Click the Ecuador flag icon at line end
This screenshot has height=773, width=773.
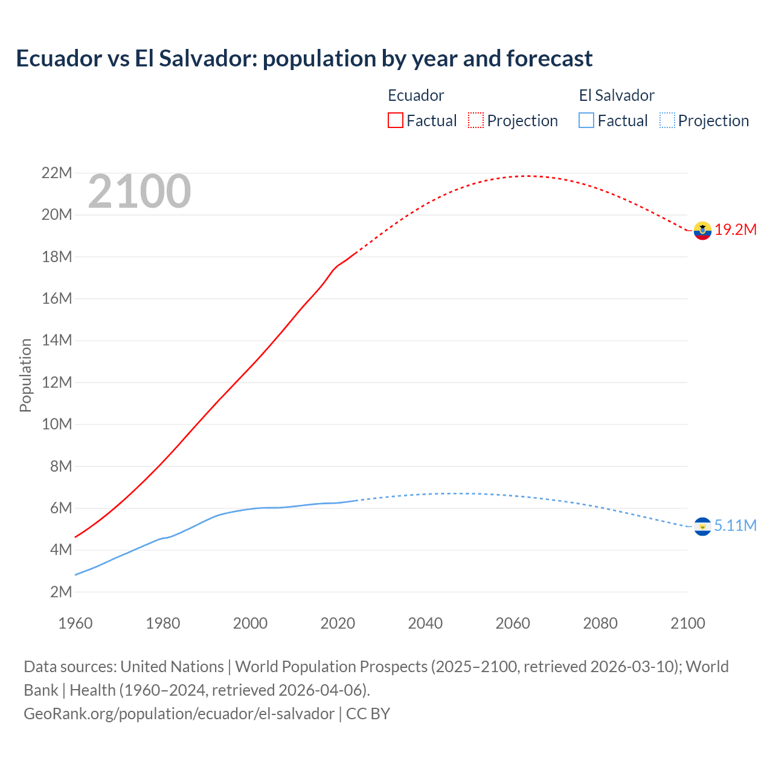702,230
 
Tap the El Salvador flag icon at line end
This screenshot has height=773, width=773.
702,527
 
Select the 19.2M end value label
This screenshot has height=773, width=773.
736,230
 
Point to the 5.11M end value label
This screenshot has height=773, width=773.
735,526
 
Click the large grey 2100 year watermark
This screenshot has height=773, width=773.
140,191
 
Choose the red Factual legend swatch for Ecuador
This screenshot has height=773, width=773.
396,120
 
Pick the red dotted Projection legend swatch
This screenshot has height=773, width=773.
476,120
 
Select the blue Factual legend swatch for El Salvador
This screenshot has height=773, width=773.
586,120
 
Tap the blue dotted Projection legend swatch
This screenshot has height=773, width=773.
667,120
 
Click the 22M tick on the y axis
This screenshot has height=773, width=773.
57,173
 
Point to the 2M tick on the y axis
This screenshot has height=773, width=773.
61,592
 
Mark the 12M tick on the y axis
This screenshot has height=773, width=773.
57,382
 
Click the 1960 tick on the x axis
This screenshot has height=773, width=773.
75,623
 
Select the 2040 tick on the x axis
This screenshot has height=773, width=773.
425,623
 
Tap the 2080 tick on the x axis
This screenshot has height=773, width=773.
600,623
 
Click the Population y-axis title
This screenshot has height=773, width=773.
25,375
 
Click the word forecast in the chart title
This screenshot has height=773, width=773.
550,59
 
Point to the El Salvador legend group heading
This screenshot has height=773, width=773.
617,95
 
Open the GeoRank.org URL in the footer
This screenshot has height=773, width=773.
179,714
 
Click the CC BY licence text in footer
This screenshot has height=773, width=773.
368,714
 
